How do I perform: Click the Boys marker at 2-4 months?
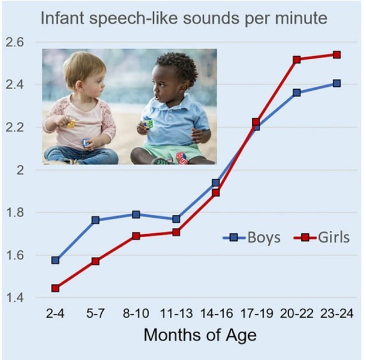point(55,260)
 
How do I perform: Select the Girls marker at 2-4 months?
point(55,288)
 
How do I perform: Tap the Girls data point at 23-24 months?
point(337,55)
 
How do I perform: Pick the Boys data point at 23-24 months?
point(337,83)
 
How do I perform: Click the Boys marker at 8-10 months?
point(136,214)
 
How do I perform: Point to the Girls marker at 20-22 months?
point(297,59)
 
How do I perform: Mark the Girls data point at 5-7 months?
point(96,261)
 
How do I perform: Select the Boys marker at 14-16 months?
point(216,182)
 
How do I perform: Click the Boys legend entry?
point(252,238)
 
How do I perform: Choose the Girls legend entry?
point(321,238)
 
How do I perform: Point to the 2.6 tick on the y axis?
point(15,42)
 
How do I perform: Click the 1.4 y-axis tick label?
point(15,298)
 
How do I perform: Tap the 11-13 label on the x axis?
point(176,313)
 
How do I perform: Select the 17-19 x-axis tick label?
point(257,313)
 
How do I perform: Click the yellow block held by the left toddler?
point(71,123)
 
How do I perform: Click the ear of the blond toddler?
point(79,86)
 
